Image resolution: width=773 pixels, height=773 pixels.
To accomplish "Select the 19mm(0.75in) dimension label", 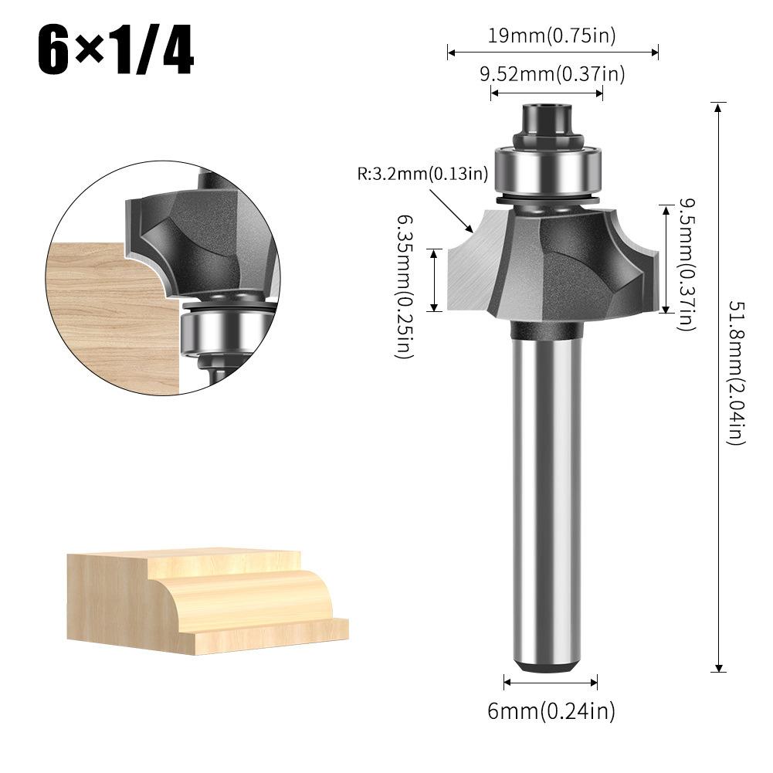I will (x=551, y=35).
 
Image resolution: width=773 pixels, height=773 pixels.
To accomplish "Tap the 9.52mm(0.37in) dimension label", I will (x=551, y=74).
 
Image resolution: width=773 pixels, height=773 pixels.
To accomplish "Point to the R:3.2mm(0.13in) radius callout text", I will (x=422, y=174).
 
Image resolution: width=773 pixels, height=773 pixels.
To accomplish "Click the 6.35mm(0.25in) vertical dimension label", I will (x=403, y=286).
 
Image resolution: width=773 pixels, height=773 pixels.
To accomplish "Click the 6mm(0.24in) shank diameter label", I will (x=551, y=710).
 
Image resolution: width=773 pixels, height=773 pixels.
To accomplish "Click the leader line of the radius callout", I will (x=451, y=209).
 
